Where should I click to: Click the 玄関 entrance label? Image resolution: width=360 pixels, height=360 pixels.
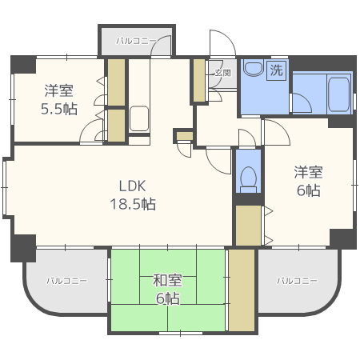click(x=222, y=73)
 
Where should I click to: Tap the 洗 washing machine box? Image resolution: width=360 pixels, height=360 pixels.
click(x=276, y=70)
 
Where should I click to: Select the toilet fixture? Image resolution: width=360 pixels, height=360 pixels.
click(x=248, y=177)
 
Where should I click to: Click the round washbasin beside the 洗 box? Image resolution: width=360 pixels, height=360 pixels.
click(x=254, y=70)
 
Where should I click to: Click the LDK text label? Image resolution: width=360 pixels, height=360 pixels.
click(x=132, y=183)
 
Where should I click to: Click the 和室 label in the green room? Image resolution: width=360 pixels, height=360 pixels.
click(x=167, y=280)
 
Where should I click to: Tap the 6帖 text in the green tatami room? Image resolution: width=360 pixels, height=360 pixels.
click(x=167, y=299)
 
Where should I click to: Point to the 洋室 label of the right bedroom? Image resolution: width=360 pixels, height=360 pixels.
click(x=307, y=171)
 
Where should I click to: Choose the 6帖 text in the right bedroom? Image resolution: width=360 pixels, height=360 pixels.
click(x=307, y=190)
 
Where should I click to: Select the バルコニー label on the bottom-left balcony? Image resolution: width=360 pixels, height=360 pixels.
click(x=66, y=281)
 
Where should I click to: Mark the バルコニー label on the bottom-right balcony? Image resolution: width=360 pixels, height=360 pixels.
click(x=298, y=281)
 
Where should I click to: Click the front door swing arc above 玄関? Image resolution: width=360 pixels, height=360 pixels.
click(x=221, y=44)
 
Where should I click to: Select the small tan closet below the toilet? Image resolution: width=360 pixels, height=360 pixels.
click(x=248, y=226)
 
